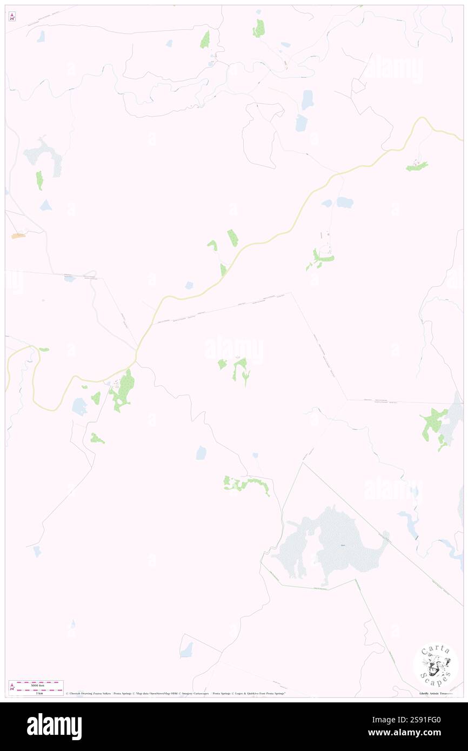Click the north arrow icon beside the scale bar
[x=12, y=687]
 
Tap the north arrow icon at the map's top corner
[x=12, y=17]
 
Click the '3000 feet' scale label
[x=37, y=685]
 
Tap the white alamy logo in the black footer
[x=54, y=726]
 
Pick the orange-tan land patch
[x=18, y=236]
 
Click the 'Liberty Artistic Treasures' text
[x=438, y=693]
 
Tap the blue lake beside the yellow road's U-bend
[x=80, y=406]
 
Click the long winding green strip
[x=246, y=484]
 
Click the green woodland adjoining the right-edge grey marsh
[x=434, y=424]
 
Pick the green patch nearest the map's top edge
[x=259, y=28]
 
